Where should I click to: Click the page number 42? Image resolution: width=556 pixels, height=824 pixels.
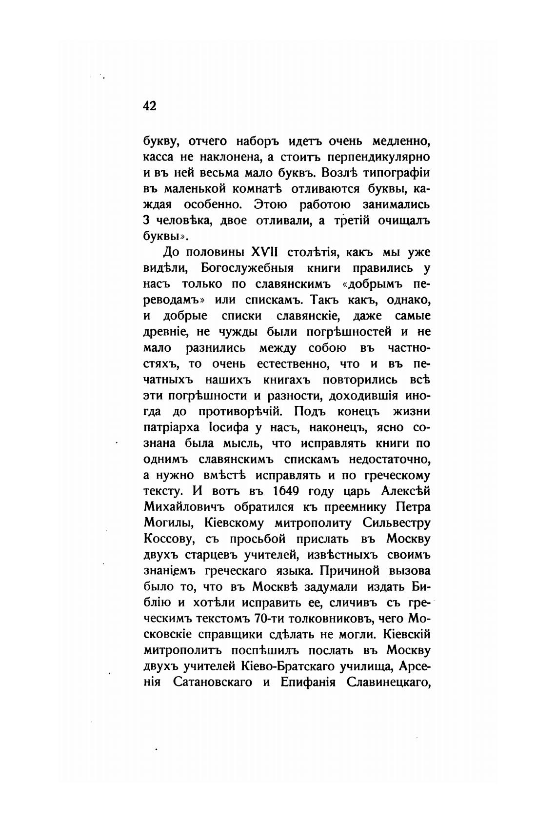pyautogui.click(x=150, y=106)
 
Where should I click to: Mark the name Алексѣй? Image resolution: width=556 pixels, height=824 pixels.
pyautogui.click(x=403, y=490)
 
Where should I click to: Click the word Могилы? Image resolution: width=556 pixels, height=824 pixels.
pyautogui.click(x=164, y=523)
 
